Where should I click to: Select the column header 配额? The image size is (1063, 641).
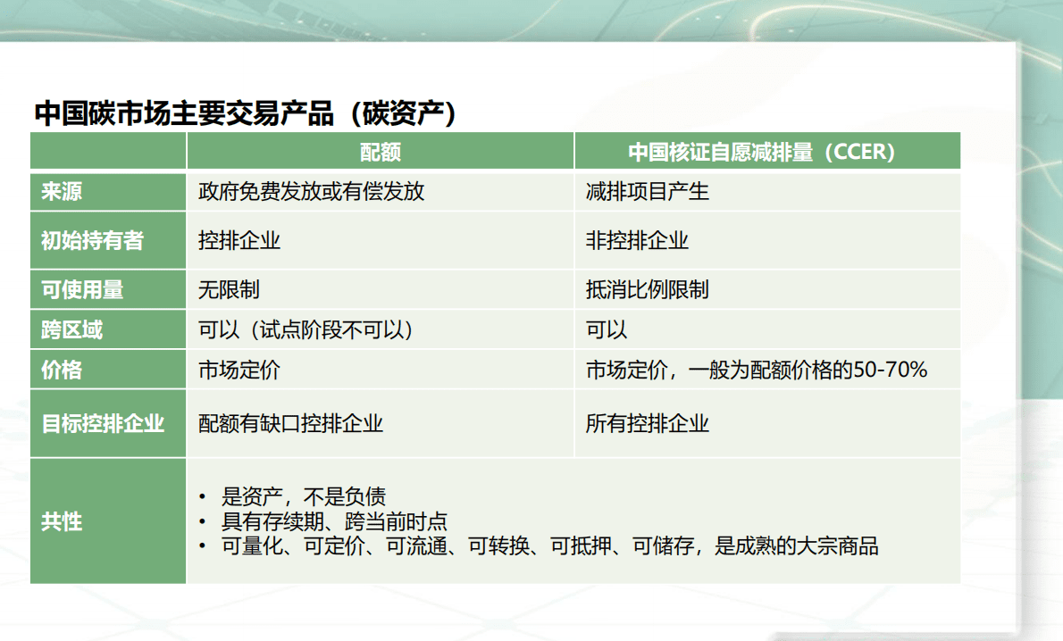[381, 152]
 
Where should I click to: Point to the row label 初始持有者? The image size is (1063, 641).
[92, 240]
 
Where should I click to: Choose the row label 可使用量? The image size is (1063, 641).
[82, 289]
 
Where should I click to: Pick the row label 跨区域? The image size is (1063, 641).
[72, 329]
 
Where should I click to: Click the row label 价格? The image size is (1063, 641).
[63, 370]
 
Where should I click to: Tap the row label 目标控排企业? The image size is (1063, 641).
[103, 423]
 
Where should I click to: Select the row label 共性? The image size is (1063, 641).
[63, 521]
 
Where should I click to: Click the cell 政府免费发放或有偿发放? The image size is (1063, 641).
[311, 191]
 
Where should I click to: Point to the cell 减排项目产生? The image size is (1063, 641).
[647, 191]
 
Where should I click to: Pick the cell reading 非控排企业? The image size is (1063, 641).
[637, 240]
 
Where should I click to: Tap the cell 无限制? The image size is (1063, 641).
[229, 289]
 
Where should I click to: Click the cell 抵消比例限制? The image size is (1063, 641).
[647, 289]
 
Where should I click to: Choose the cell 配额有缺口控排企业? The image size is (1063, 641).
[290, 423]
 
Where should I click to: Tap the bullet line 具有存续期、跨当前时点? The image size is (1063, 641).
[334, 521]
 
